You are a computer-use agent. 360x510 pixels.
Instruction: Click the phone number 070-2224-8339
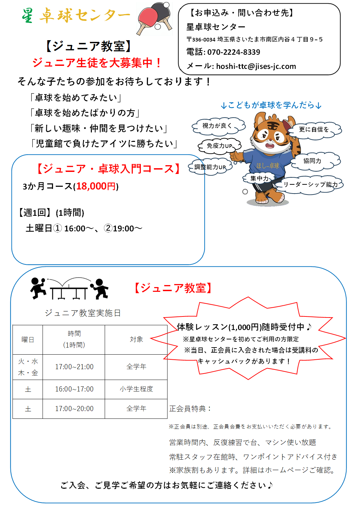coord(234,52)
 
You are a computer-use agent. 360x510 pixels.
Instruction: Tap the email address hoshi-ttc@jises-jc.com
coord(256,66)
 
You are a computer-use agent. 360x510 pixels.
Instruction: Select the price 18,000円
coord(96,186)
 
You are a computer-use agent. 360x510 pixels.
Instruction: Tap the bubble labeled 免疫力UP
coord(220,146)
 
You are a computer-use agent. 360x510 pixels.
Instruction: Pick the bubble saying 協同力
coord(312,161)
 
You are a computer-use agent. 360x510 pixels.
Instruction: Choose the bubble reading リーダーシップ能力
coord(310,184)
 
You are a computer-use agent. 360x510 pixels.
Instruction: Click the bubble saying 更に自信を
coord(314,129)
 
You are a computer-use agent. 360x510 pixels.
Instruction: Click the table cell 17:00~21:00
coord(74,367)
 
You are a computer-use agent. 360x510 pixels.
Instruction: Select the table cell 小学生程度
coord(136,389)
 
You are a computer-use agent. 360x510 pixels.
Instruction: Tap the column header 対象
coord(136,339)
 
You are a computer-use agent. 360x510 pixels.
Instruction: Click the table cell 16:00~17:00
coord(74,389)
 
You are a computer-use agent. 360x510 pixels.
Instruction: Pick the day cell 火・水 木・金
coord(28,367)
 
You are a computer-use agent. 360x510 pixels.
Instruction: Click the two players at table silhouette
coord(70,289)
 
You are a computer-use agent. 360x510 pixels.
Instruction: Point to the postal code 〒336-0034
coord(201,40)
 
